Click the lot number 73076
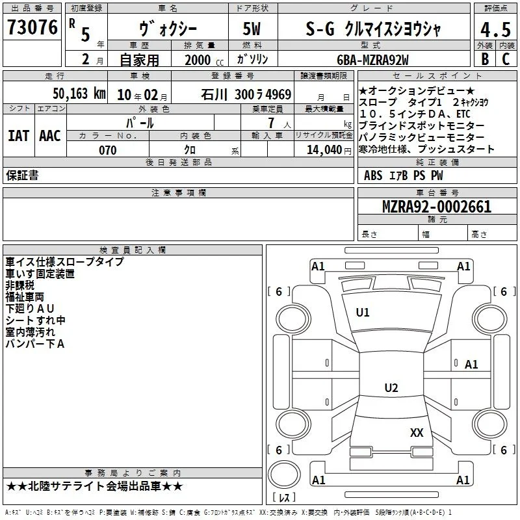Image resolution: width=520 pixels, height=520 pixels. pyautogui.click(x=32, y=27)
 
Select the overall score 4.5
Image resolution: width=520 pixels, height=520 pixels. pyautogui.click(x=495, y=29)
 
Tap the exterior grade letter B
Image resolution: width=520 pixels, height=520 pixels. pyautogui.click(x=485, y=58)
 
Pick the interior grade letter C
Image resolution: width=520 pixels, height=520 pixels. pyautogui.click(x=506, y=58)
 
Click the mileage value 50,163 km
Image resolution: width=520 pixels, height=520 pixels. pyautogui.click(x=79, y=94)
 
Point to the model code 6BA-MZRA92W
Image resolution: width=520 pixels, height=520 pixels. pyautogui.click(x=372, y=60)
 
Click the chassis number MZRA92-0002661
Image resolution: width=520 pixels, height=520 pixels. pyautogui.click(x=437, y=206)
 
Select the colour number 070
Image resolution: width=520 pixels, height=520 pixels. pyautogui.click(x=108, y=150)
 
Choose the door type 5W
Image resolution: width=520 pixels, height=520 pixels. pyautogui.click(x=252, y=29)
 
